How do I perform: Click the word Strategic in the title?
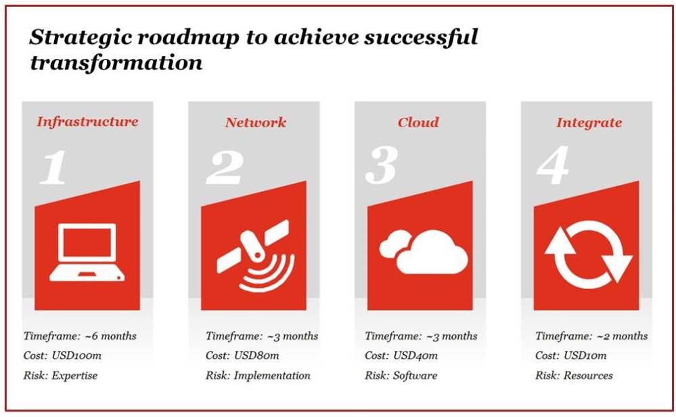(x=81, y=37)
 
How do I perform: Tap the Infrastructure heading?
(x=87, y=122)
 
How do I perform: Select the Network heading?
(x=255, y=123)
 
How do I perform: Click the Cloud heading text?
(x=418, y=123)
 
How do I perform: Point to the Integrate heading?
(x=589, y=123)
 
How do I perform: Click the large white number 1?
(x=53, y=167)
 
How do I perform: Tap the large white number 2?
(x=225, y=168)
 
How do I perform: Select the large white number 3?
(x=381, y=166)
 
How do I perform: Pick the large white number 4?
(x=553, y=166)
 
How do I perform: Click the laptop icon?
(x=87, y=253)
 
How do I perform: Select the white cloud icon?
(x=424, y=252)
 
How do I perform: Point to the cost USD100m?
(x=76, y=356)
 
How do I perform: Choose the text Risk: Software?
(x=401, y=376)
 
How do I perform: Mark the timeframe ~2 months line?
(x=591, y=336)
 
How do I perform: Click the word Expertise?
(x=74, y=376)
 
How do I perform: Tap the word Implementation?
(x=272, y=376)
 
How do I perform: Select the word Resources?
(x=588, y=376)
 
